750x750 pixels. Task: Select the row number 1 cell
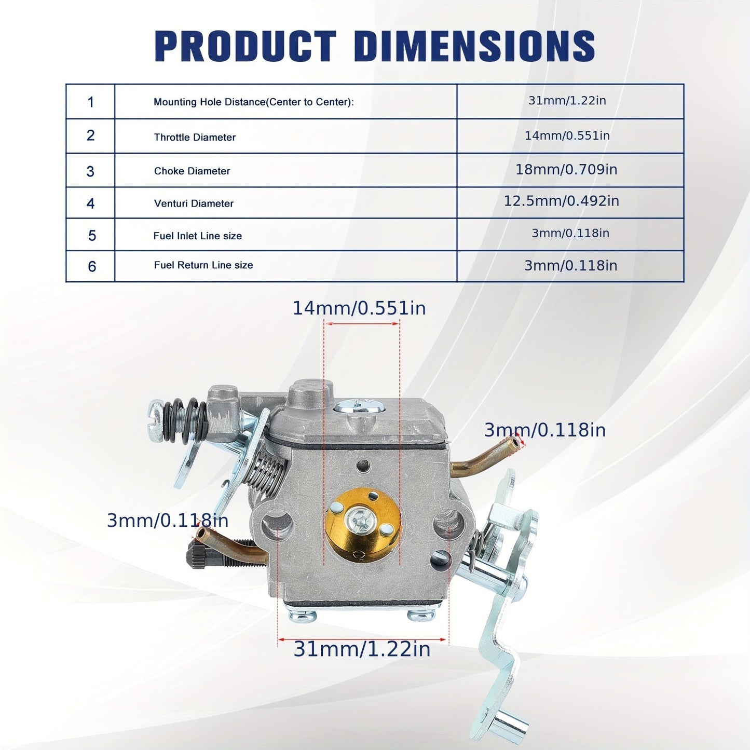(x=91, y=102)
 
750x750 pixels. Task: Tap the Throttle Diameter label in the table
(x=195, y=137)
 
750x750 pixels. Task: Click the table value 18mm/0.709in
(x=566, y=169)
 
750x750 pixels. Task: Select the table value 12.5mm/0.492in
(x=561, y=201)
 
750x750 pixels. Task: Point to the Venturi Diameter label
(x=194, y=203)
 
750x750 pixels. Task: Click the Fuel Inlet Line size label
(x=198, y=236)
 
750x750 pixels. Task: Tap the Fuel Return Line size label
(x=203, y=265)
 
